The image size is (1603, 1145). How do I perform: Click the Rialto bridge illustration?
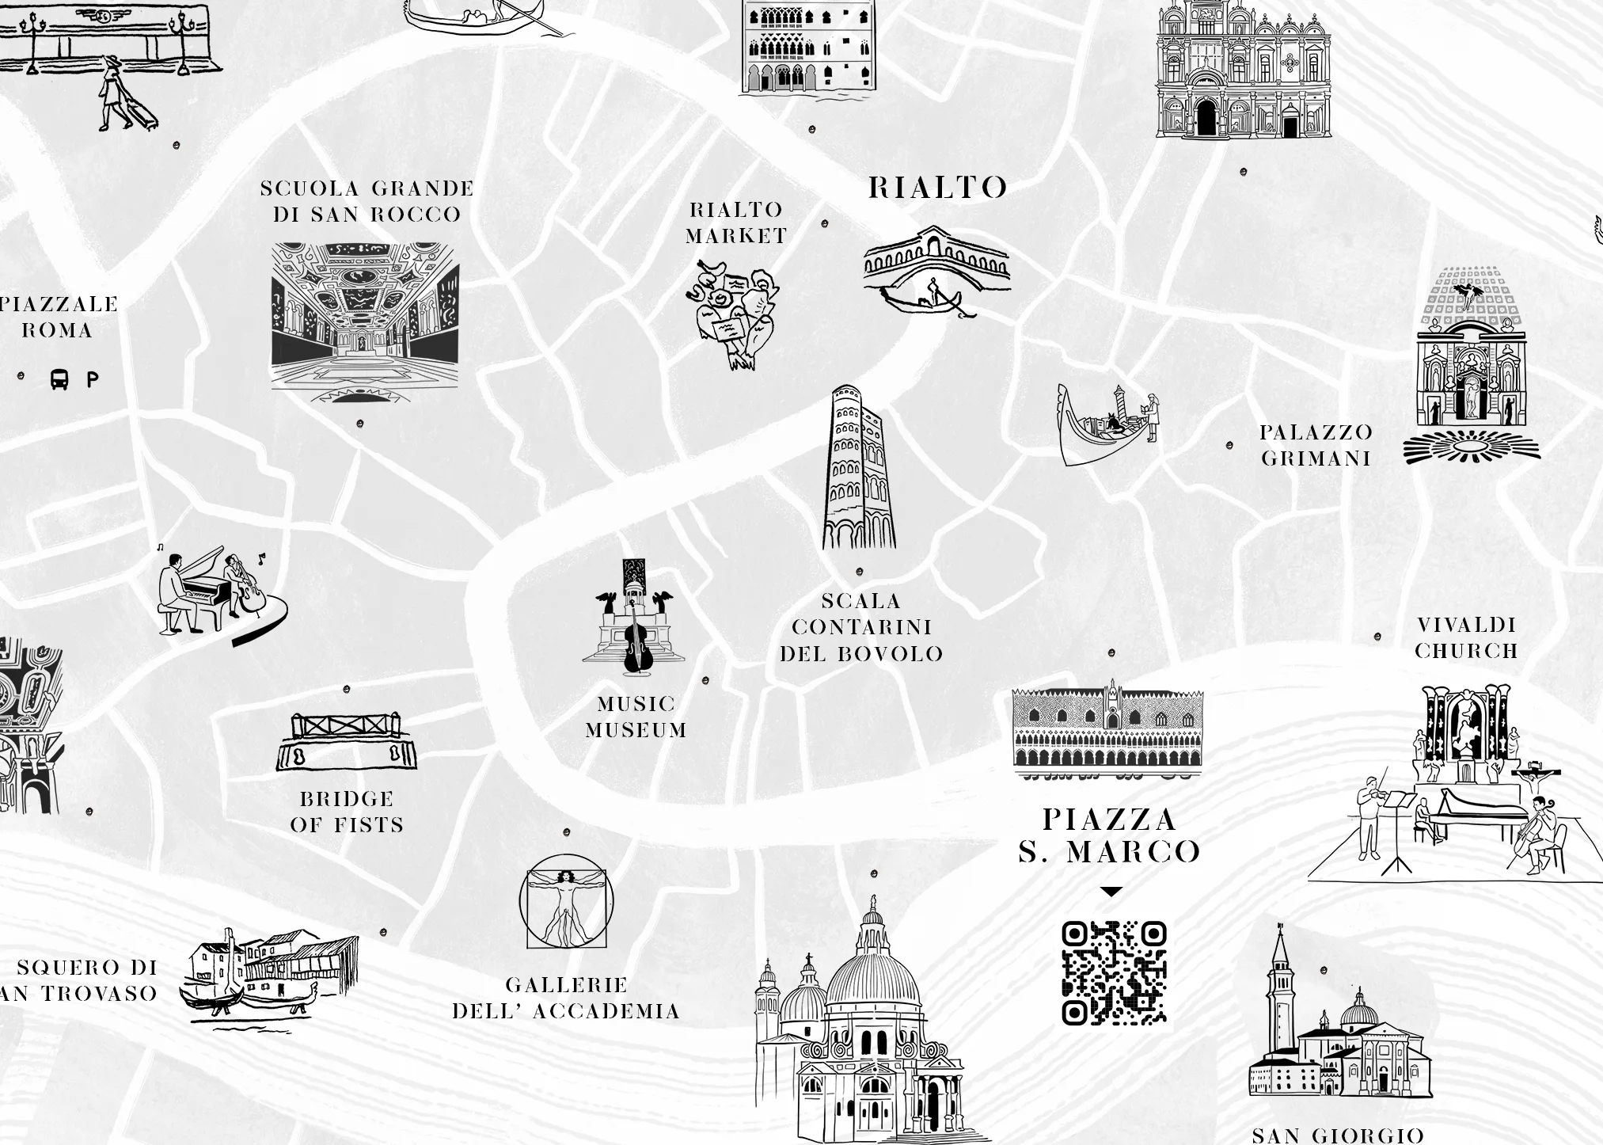click(936, 269)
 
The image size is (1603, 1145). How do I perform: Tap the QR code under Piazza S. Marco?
click(1114, 973)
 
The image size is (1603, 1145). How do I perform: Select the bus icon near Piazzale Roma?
click(59, 379)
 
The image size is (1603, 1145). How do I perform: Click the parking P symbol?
click(93, 380)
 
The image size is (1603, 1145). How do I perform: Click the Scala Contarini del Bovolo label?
click(861, 627)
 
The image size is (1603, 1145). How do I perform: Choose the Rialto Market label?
click(736, 223)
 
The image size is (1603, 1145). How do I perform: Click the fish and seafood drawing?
click(733, 314)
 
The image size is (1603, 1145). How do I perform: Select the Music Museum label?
click(636, 717)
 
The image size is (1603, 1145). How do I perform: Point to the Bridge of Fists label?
click(347, 812)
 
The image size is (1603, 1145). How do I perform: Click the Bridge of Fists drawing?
click(347, 741)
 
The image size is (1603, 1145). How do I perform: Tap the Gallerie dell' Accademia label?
click(567, 999)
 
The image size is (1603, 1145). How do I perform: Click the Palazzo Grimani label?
click(1316, 445)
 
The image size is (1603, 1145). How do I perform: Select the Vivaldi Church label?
click(1466, 637)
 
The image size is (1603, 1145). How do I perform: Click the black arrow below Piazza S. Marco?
click(1111, 892)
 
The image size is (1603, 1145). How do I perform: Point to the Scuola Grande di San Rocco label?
click(367, 201)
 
